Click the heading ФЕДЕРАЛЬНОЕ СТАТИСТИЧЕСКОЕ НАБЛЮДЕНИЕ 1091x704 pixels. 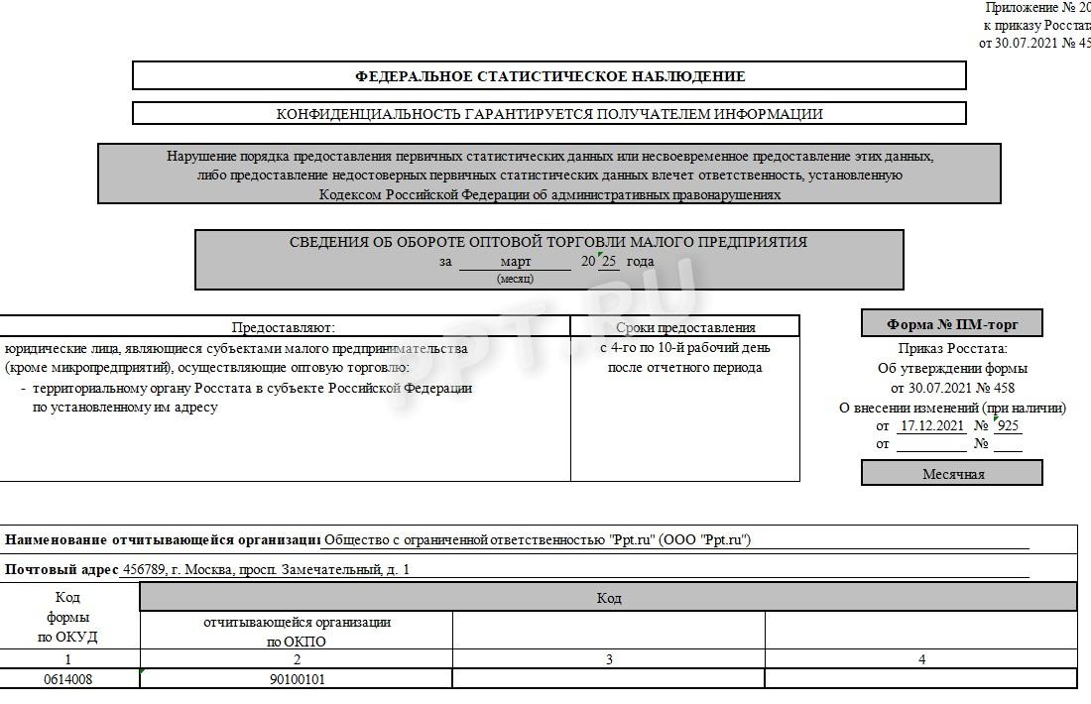549,76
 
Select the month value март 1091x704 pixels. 515,262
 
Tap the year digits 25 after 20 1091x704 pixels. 609,262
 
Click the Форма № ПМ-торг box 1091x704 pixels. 951,323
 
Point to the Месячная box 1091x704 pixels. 952,474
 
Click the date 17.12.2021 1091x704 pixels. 930,426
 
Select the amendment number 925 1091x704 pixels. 1008,426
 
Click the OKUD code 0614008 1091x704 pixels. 67,680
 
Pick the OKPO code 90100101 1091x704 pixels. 297,680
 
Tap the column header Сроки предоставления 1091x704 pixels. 685,327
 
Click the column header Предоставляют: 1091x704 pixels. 284,327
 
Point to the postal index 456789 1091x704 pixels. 142,570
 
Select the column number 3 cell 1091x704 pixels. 609,659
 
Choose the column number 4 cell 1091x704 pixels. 921,659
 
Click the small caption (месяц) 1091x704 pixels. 515,279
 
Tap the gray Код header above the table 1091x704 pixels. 608,598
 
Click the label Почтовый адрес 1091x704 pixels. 60,570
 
